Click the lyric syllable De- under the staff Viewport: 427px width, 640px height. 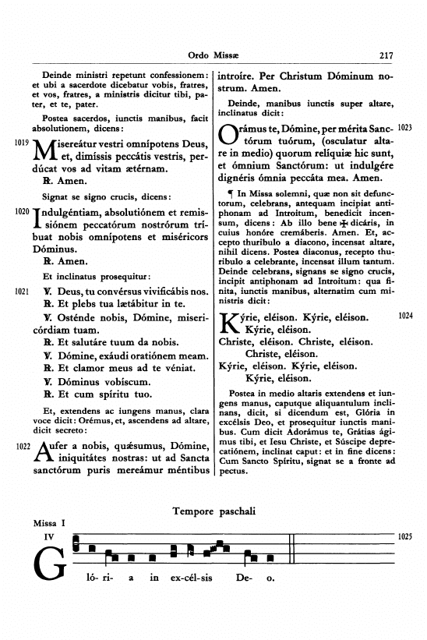[242, 578]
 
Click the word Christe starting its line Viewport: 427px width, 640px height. [235, 342]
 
